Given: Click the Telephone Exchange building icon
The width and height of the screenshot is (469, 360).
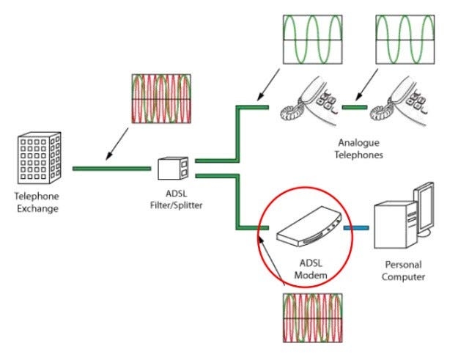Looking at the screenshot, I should [x=36, y=158].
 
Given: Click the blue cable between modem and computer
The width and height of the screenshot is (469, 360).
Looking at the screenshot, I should [x=357, y=229].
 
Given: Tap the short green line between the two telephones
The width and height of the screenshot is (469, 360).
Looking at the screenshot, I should [x=354, y=107].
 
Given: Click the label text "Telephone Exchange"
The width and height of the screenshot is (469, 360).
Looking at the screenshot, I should [x=36, y=202].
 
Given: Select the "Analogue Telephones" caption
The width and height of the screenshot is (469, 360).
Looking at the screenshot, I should [x=360, y=149].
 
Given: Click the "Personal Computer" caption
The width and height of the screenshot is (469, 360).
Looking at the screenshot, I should [x=405, y=271].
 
